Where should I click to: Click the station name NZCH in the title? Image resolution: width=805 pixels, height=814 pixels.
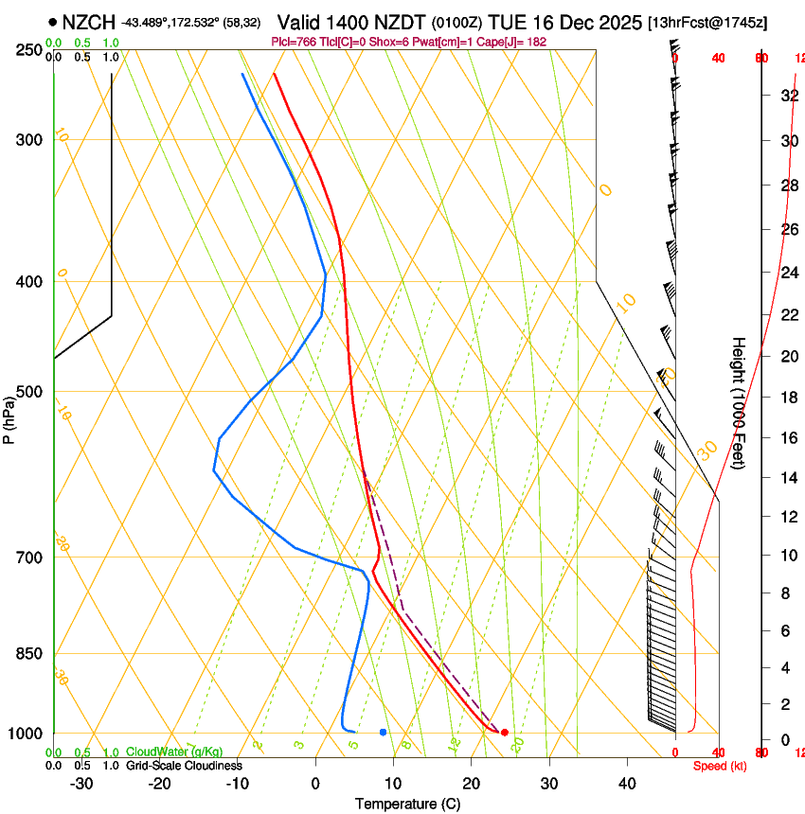89,21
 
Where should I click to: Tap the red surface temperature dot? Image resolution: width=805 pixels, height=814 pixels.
504,732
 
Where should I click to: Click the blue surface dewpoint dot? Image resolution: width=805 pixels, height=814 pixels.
383,732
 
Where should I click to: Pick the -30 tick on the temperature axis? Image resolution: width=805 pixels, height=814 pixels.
81,783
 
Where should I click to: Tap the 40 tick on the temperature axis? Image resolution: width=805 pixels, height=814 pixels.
627,783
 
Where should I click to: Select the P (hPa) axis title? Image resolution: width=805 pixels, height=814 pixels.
9,416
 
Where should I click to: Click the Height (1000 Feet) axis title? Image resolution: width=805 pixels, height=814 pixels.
739,401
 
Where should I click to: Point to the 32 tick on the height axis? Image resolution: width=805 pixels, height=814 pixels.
788,95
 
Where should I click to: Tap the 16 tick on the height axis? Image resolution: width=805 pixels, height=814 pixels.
788,437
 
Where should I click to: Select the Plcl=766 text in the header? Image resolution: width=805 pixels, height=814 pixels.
295,42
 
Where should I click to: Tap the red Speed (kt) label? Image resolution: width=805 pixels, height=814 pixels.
720,765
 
